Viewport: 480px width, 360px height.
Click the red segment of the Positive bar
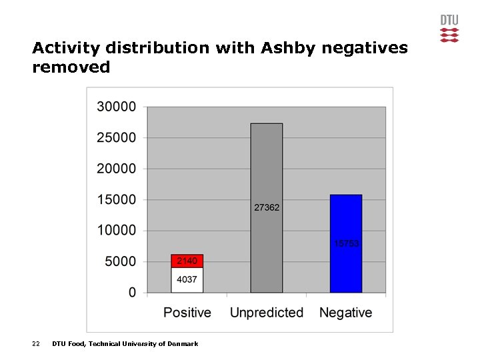(187, 261)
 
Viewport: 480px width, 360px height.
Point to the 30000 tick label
(116, 107)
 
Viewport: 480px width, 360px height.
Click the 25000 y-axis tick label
(116, 137)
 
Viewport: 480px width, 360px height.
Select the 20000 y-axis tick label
(116, 169)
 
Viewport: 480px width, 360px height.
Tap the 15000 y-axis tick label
(116, 199)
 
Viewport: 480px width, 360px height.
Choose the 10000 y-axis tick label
(116, 231)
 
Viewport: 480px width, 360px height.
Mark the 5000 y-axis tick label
(120, 261)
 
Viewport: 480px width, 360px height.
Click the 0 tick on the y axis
(132, 292)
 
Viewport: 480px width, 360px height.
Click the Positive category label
(187, 313)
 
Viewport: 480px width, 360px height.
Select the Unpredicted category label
(267, 313)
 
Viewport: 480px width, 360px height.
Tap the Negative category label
(346, 313)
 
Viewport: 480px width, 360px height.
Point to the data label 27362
(267, 207)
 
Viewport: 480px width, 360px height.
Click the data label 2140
(187, 261)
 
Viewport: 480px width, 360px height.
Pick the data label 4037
(187, 279)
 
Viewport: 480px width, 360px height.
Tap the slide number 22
(36, 344)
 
